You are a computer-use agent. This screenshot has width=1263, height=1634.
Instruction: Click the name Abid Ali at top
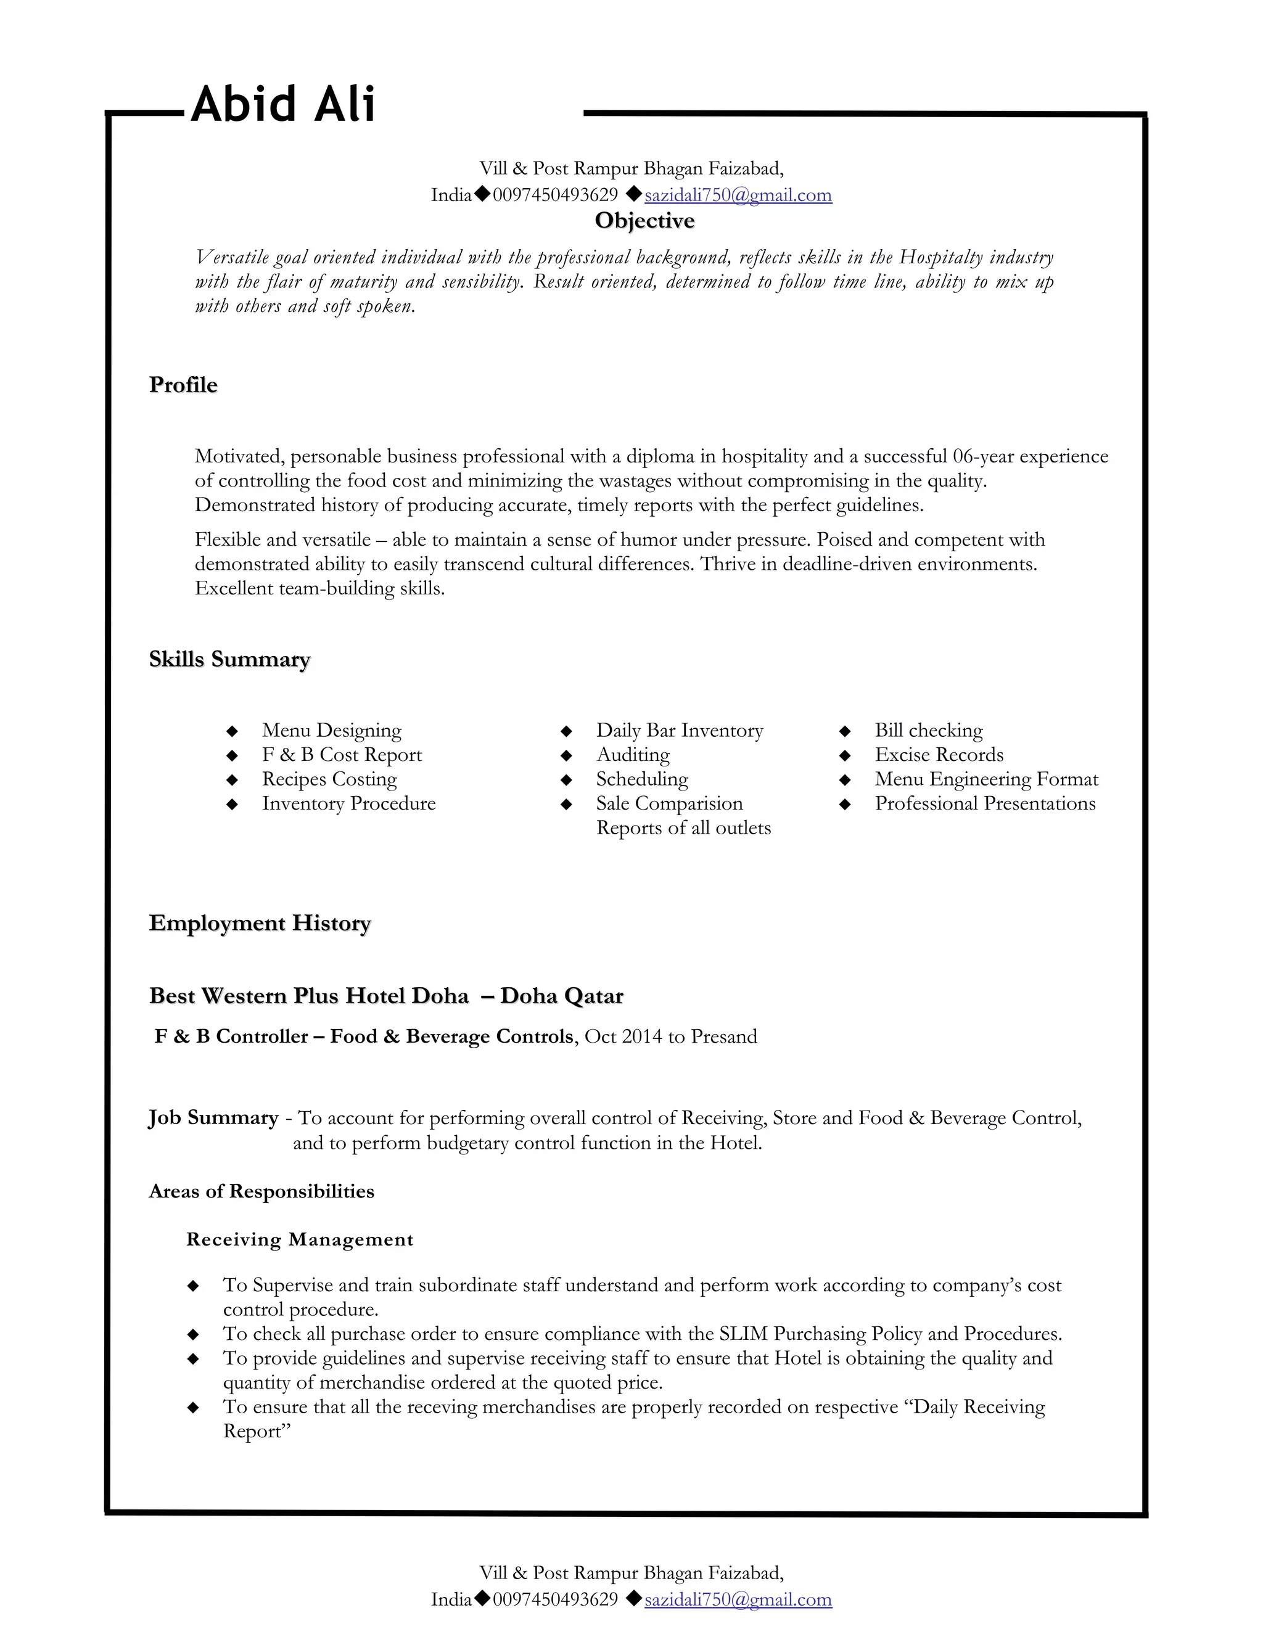tap(283, 104)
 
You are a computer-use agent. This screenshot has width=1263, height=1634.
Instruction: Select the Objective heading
tap(644, 221)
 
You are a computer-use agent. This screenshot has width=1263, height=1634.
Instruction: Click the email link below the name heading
tap(738, 195)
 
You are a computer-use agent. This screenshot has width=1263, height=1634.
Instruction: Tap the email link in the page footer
tap(738, 1599)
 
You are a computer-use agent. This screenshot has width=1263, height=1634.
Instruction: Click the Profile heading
tap(183, 385)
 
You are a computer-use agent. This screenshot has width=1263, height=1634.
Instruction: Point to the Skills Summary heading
tap(229, 659)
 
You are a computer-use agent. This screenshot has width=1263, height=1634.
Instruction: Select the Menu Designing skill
tap(331, 730)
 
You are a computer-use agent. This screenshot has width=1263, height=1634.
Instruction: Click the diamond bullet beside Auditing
tap(566, 755)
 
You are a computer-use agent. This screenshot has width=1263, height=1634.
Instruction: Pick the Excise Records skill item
tap(939, 754)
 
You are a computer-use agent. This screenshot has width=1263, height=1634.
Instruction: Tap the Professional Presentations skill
tap(985, 803)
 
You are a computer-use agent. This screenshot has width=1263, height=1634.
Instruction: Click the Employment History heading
tap(260, 923)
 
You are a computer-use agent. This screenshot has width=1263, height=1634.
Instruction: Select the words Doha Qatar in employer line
tap(561, 996)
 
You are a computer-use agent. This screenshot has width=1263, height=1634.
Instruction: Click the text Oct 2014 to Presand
tap(670, 1037)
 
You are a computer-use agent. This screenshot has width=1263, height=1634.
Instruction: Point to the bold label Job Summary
tap(213, 1118)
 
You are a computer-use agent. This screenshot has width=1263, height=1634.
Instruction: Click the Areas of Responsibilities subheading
tap(261, 1191)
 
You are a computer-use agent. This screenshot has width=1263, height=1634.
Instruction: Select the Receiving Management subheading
tap(299, 1240)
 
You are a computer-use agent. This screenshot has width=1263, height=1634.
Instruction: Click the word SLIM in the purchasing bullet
tap(743, 1334)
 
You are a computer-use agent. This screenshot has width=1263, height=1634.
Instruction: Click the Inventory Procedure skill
tap(348, 803)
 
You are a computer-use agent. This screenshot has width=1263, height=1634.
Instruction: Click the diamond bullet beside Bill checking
tap(845, 730)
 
